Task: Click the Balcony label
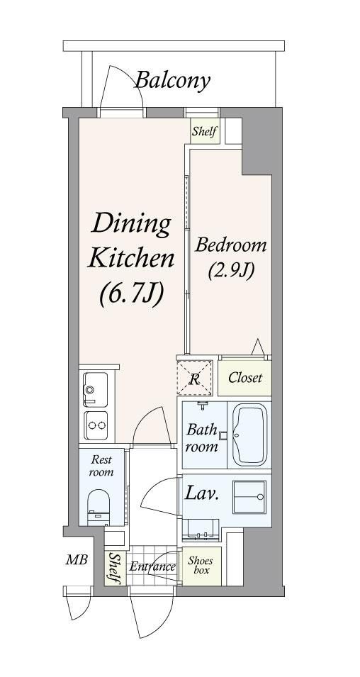tap(173, 81)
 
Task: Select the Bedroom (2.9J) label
tap(230, 258)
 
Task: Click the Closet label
tap(245, 379)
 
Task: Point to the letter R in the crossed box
tap(195, 380)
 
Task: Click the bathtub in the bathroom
tap(250, 435)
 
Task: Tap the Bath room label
tap(202, 438)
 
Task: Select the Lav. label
tap(201, 493)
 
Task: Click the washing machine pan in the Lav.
tap(249, 496)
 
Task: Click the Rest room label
tap(101, 466)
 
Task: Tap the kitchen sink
tap(96, 389)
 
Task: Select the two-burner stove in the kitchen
tap(96, 425)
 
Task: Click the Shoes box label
tap(201, 565)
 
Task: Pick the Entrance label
tap(152, 566)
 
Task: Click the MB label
tap(77, 561)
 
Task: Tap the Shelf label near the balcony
tap(204, 131)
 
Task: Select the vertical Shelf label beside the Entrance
tap(114, 568)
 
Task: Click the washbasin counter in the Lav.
tap(201, 530)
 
